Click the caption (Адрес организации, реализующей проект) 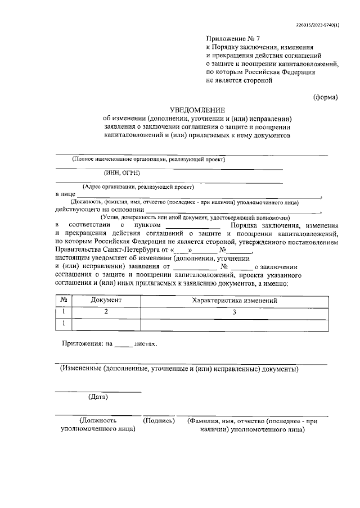[138, 187]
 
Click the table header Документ [106, 301]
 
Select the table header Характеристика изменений [235, 301]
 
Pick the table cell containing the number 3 [235, 312]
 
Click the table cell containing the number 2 [106, 312]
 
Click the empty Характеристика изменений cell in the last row [235, 324]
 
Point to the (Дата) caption [98, 397]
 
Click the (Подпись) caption [159, 420]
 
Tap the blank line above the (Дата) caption [98, 390]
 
